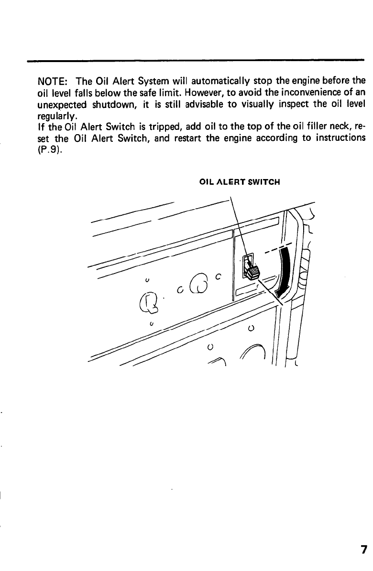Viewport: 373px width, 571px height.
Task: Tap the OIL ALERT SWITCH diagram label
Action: point(239,182)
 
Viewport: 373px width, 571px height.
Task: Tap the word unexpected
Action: point(60,104)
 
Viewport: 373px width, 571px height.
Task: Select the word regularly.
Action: point(54,116)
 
